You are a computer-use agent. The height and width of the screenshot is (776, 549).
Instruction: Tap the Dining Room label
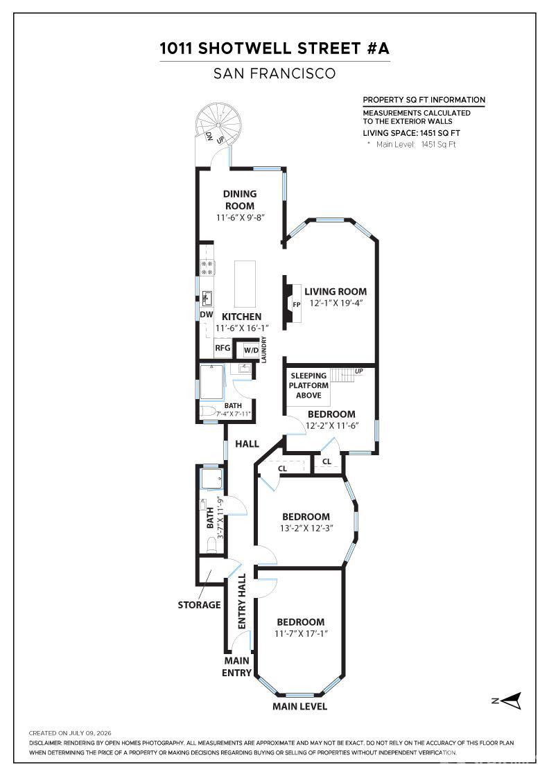tap(240, 200)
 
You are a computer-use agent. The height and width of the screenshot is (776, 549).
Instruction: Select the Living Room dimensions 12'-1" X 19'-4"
tap(336, 303)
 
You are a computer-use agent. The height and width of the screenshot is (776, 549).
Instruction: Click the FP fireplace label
tap(297, 305)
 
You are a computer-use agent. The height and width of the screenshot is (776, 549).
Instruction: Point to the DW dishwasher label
tap(207, 315)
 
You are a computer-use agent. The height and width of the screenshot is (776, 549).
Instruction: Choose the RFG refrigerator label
tap(223, 348)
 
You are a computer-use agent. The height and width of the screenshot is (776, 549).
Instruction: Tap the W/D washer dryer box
tap(251, 351)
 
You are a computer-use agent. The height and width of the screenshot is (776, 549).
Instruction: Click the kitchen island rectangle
tap(245, 284)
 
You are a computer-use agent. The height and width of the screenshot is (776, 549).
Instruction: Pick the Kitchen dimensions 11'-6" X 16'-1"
tap(242, 328)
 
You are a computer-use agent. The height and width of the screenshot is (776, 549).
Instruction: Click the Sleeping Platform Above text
tap(308, 385)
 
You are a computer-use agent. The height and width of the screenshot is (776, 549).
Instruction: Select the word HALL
tap(247, 444)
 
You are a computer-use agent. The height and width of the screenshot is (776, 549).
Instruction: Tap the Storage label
tap(199, 605)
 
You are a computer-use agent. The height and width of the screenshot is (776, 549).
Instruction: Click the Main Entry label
tap(236, 667)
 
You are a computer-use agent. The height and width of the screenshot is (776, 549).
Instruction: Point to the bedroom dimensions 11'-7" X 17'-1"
tap(302, 633)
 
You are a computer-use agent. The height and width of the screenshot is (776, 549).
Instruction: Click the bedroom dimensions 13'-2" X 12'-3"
tap(306, 528)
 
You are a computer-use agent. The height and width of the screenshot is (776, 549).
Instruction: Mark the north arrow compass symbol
tap(507, 700)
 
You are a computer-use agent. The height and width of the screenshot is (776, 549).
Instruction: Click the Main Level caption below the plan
tap(299, 706)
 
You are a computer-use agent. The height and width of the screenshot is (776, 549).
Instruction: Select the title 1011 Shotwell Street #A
tap(274, 48)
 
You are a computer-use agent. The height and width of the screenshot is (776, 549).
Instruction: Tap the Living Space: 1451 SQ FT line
tap(411, 133)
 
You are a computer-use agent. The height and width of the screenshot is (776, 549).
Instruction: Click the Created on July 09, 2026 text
tap(70, 733)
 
